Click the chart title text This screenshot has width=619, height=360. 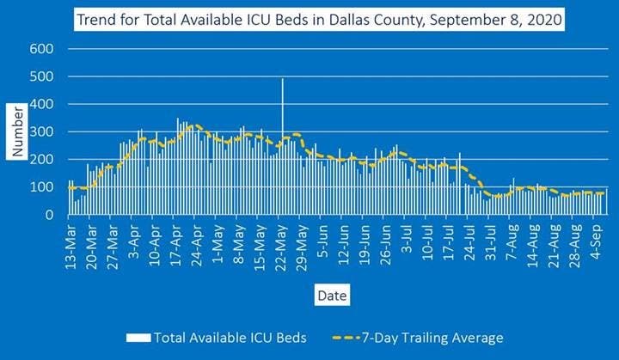pos(318,18)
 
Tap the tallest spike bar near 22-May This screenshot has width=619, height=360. pos(283,129)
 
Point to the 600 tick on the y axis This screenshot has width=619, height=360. pos(42,49)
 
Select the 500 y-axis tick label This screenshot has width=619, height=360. pos(42,76)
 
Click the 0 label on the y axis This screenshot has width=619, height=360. pos(51,215)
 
